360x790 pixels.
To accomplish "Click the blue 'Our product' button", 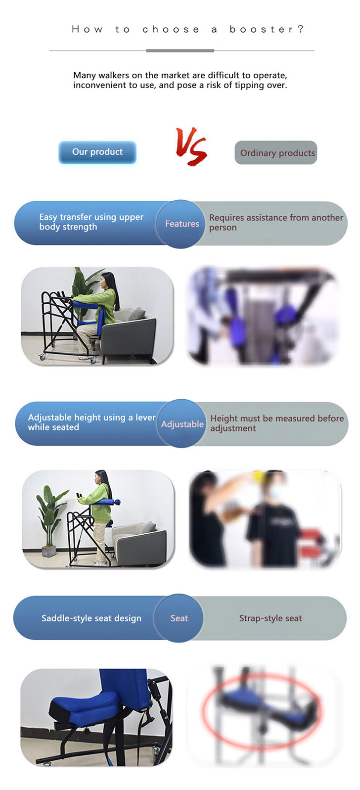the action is (x=97, y=152).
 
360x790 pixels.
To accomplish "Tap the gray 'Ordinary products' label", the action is (x=276, y=152).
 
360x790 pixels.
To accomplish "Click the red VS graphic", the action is (x=191, y=146).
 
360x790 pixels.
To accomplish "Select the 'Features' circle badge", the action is (x=180, y=224).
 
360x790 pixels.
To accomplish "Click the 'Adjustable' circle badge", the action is (x=181, y=423).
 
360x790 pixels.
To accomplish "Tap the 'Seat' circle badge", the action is (x=179, y=618).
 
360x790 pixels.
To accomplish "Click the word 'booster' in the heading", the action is (x=261, y=29).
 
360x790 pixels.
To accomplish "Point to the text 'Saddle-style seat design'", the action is (x=91, y=618).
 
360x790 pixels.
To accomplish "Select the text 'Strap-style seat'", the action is (x=270, y=618).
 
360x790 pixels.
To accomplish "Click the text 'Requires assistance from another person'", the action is (x=276, y=223).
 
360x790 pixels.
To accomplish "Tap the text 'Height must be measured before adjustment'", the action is (x=277, y=423).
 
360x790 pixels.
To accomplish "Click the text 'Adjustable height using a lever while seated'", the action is (x=91, y=422).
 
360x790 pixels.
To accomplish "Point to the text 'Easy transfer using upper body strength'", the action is (x=91, y=222).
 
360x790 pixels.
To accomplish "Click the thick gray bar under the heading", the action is (x=180, y=51).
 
